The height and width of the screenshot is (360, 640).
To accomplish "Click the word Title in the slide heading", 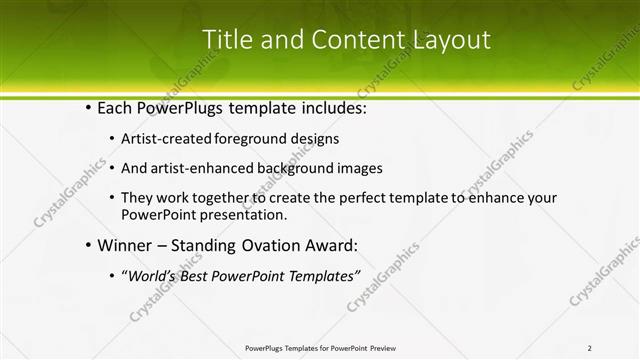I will click(227, 40).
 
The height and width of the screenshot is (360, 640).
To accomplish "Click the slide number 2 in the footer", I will click(590, 348).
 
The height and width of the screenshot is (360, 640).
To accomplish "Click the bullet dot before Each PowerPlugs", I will click(89, 106).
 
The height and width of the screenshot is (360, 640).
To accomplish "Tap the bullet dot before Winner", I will click(89, 244).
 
